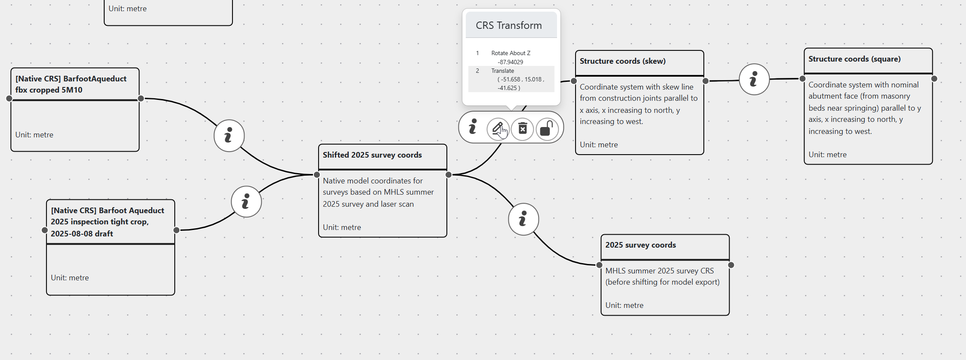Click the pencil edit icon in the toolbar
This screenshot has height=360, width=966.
tap(498, 128)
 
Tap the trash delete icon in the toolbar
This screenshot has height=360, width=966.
tap(523, 128)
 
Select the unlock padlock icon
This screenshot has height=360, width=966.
tap(547, 128)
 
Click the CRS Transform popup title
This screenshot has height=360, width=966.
tap(508, 25)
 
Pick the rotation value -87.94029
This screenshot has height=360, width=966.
tap(510, 62)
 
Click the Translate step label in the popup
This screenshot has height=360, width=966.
tap(502, 71)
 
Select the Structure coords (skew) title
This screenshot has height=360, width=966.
tap(622, 61)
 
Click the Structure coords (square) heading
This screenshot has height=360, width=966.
tap(854, 59)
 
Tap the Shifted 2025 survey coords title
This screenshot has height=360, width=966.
tap(372, 155)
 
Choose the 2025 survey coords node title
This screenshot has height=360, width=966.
tap(640, 245)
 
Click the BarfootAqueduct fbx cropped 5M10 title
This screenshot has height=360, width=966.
tap(71, 84)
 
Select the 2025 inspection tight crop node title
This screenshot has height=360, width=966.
tap(107, 222)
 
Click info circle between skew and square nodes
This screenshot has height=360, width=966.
tap(754, 79)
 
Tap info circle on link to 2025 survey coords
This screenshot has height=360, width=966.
tap(523, 219)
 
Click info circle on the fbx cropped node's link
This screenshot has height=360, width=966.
tap(229, 136)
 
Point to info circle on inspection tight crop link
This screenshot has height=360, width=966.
tap(246, 202)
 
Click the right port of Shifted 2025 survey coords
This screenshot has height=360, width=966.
tap(449, 174)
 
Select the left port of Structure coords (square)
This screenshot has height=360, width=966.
tap(802, 79)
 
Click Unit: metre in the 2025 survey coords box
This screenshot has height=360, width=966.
tap(624, 305)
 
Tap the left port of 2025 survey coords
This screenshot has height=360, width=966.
tap(599, 265)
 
